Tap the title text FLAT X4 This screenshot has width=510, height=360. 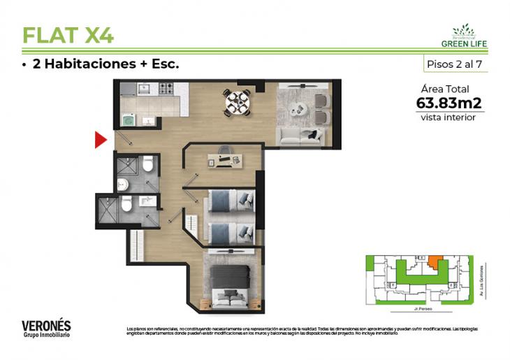68,34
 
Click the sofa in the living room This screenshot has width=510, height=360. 298,136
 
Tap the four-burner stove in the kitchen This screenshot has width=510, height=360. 166,89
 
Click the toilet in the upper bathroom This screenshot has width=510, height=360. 147,166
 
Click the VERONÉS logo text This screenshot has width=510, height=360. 46,326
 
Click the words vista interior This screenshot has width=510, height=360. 448,117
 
